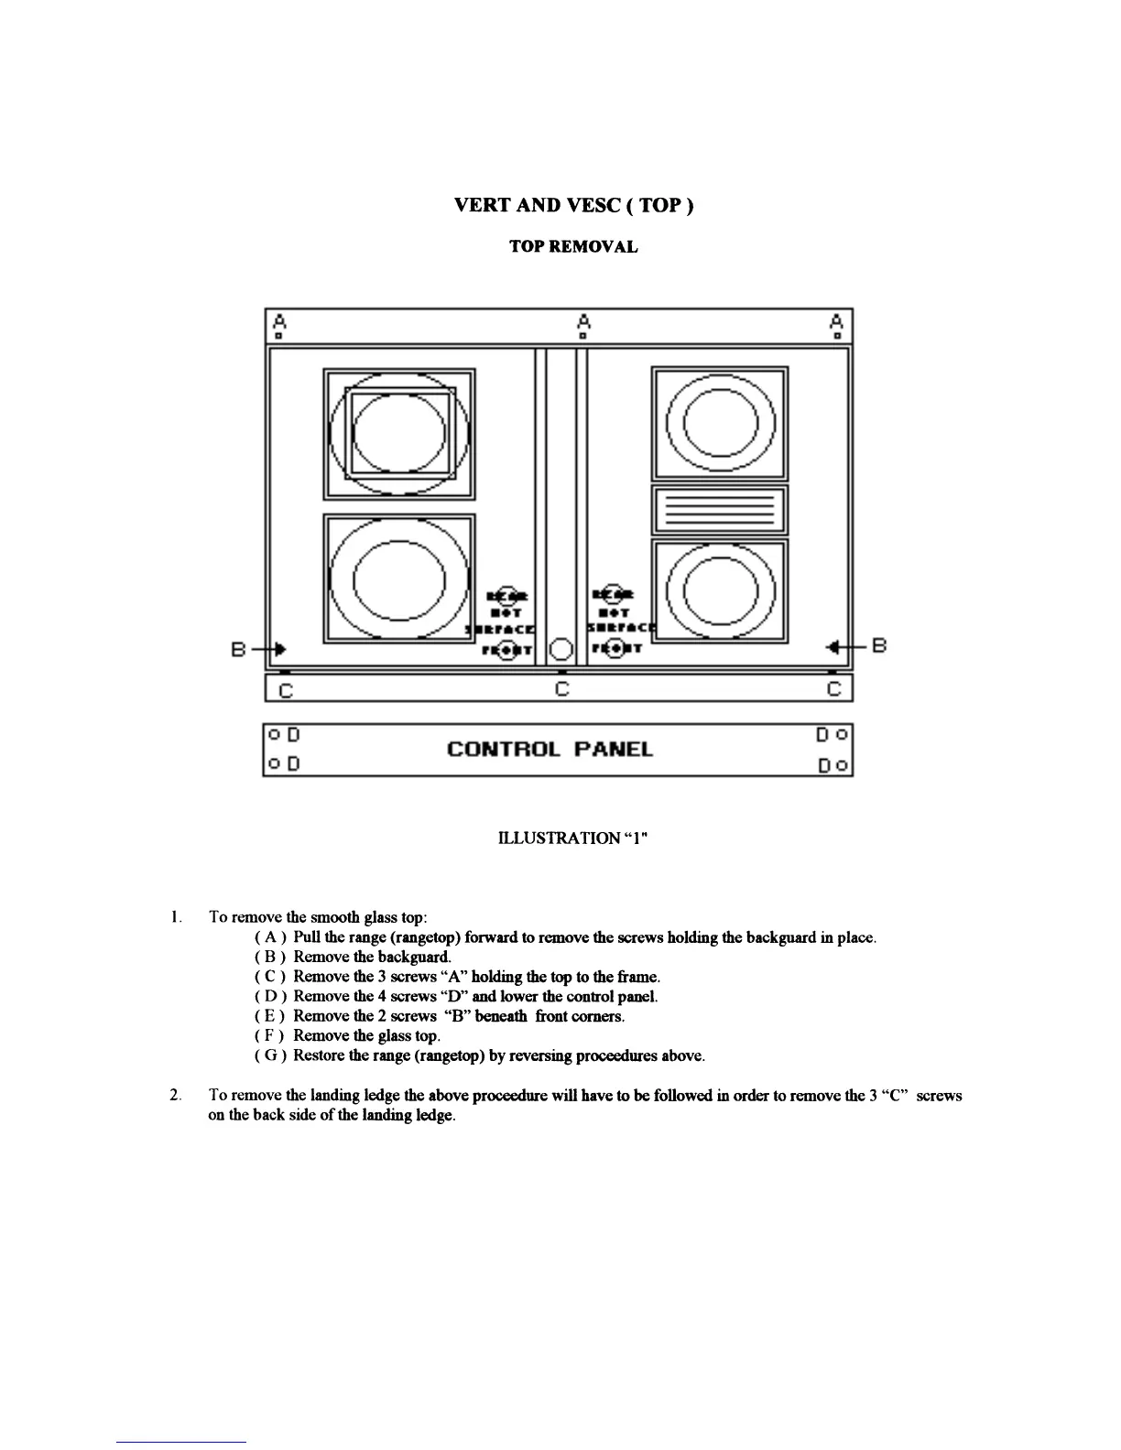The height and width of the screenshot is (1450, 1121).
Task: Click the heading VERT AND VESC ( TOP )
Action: [574, 205]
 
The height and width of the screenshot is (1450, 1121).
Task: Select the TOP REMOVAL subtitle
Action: [573, 247]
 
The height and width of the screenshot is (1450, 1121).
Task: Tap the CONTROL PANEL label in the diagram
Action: [550, 750]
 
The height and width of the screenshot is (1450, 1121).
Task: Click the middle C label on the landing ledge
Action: [562, 688]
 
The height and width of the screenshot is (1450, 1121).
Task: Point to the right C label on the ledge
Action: [833, 688]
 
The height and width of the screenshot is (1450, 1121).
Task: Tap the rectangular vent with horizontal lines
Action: [719, 510]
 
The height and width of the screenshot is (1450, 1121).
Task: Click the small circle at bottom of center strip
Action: [561, 649]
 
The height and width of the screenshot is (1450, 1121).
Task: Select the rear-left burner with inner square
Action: [399, 433]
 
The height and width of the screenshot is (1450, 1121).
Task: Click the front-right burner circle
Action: [719, 590]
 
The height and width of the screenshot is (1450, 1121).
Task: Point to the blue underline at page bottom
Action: [181, 1442]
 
